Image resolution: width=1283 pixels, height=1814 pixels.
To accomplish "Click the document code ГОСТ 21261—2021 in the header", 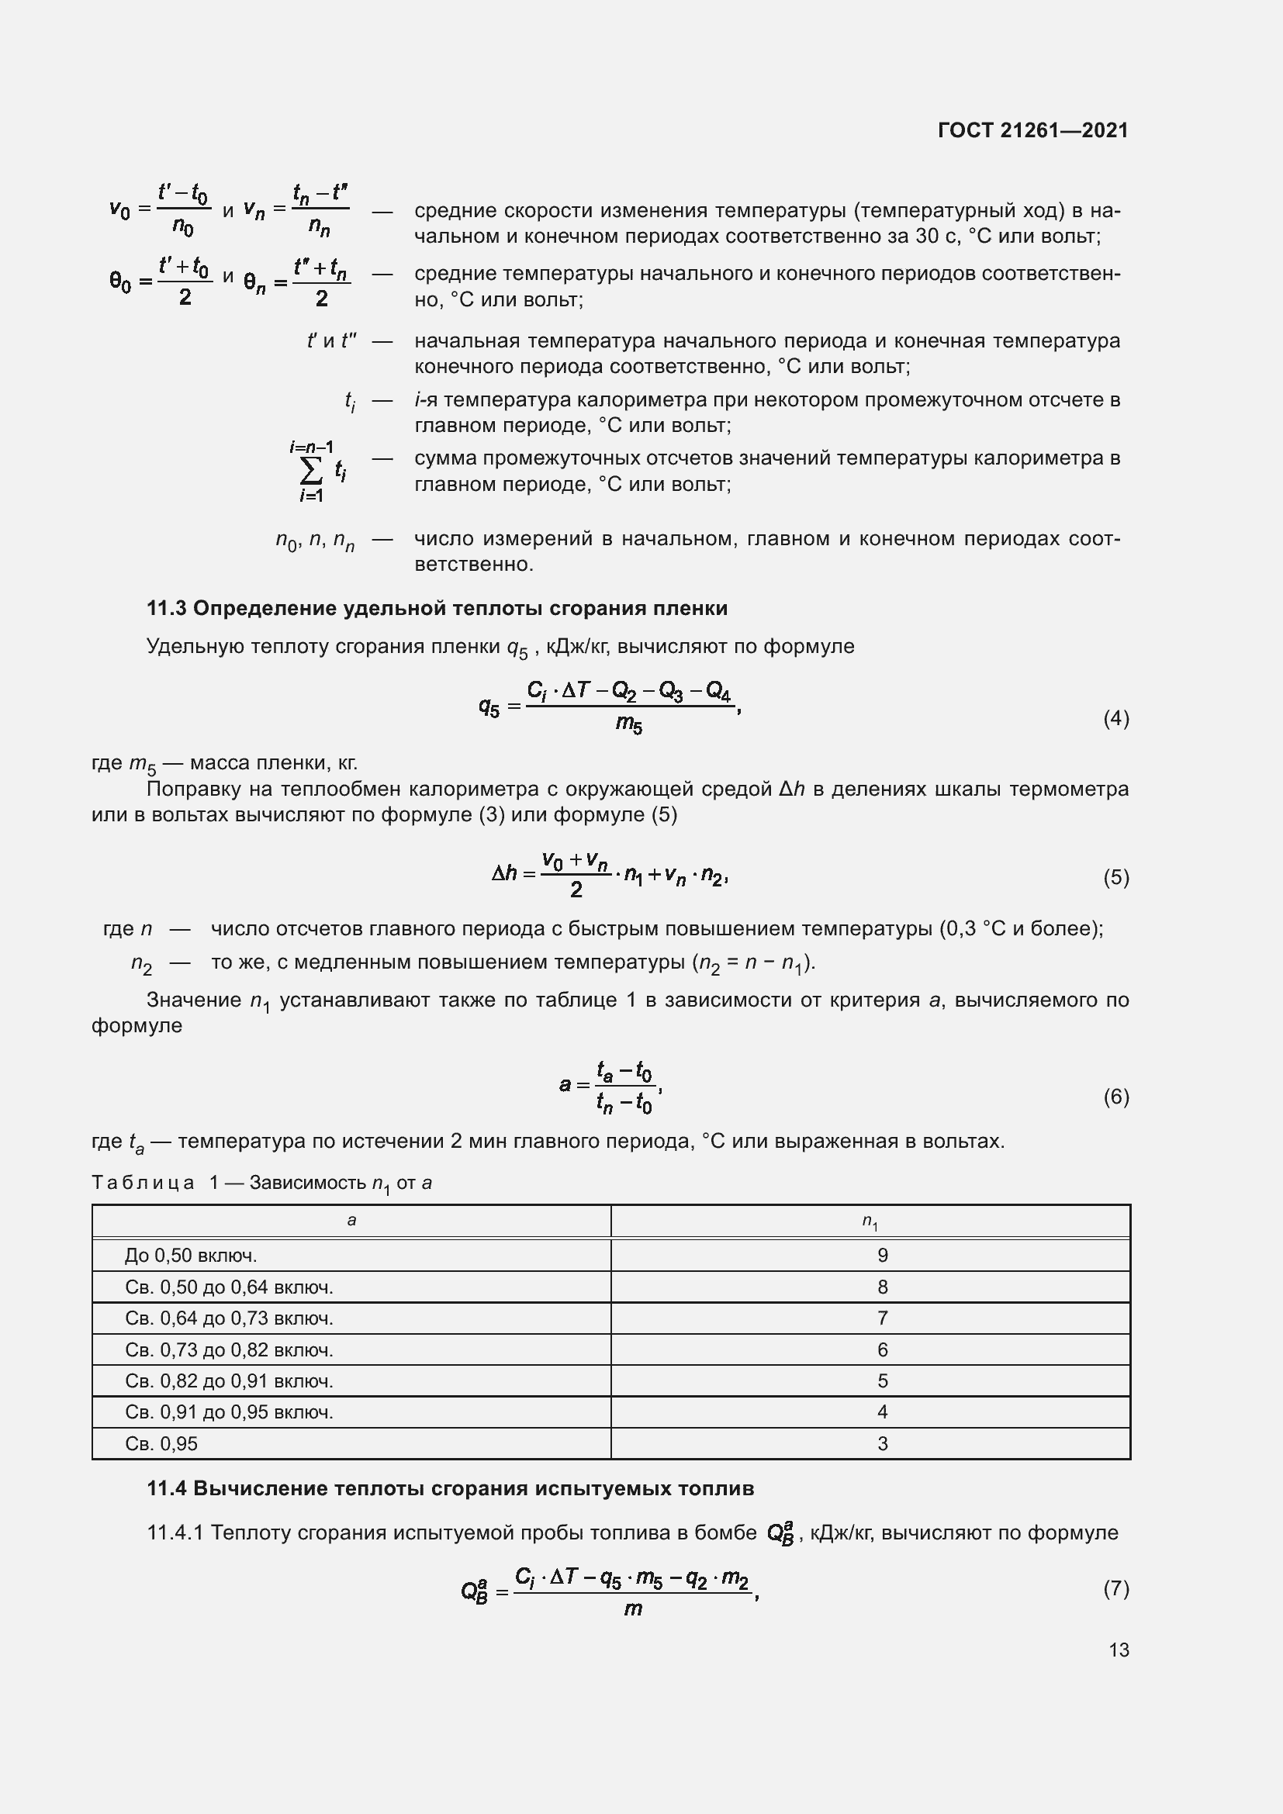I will point(1032,130).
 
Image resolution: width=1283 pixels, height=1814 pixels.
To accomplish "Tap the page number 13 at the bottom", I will point(1118,1650).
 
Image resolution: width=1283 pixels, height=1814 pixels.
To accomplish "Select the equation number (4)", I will point(1115,718).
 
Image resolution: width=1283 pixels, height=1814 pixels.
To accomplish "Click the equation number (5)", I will point(1115,877).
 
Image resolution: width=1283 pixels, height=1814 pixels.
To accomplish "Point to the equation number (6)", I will point(1115,1096).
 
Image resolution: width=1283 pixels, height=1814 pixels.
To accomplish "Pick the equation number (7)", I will point(1115,1588).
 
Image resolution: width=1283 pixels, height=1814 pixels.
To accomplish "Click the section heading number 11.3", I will point(166,608).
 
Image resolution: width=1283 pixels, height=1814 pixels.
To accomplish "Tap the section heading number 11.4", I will point(166,1488).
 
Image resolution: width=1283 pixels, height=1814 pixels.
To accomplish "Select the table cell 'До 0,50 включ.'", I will point(190,1256).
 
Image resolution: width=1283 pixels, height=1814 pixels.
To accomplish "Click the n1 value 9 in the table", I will point(883,1256).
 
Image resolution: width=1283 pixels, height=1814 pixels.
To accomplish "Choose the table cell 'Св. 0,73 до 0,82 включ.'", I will point(229,1349).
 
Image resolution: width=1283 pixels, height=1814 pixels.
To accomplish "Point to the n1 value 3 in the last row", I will point(883,1443).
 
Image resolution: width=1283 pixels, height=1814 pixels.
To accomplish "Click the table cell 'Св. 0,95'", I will point(161,1443).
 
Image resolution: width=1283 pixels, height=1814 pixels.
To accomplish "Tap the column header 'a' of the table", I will point(351,1221).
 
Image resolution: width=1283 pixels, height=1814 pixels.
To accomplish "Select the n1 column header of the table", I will point(870,1222).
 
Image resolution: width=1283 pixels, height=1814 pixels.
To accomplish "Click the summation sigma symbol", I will point(311,472).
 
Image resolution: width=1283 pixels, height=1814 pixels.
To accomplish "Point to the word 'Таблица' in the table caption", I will point(143,1183).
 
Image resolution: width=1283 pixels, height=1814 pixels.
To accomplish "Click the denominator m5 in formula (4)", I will point(629,723).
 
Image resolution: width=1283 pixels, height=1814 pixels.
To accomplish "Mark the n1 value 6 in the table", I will point(883,1349).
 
